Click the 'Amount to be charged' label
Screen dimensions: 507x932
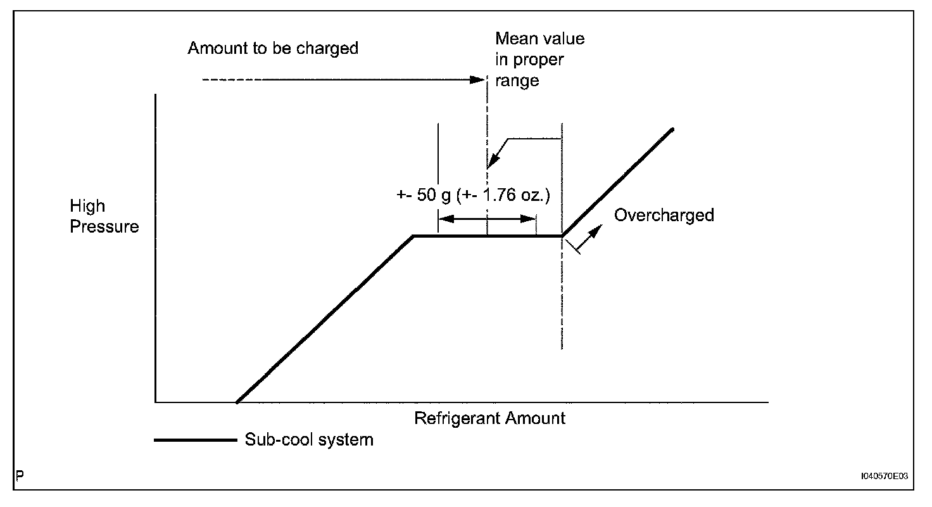273,48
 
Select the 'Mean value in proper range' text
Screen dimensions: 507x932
539,60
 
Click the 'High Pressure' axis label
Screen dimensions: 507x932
104,216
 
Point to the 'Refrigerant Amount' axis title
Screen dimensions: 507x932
489,418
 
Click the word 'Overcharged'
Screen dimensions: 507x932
664,215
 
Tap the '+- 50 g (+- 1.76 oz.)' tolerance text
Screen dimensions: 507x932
473,195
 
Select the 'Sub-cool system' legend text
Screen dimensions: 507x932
309,439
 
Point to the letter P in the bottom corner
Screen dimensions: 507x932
20,475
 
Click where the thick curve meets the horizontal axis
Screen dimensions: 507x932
236,402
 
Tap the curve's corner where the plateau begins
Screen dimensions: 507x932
413,236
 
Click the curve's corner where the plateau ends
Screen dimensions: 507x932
562,236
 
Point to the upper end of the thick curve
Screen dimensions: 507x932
672,129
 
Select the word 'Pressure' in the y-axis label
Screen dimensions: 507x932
104,226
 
